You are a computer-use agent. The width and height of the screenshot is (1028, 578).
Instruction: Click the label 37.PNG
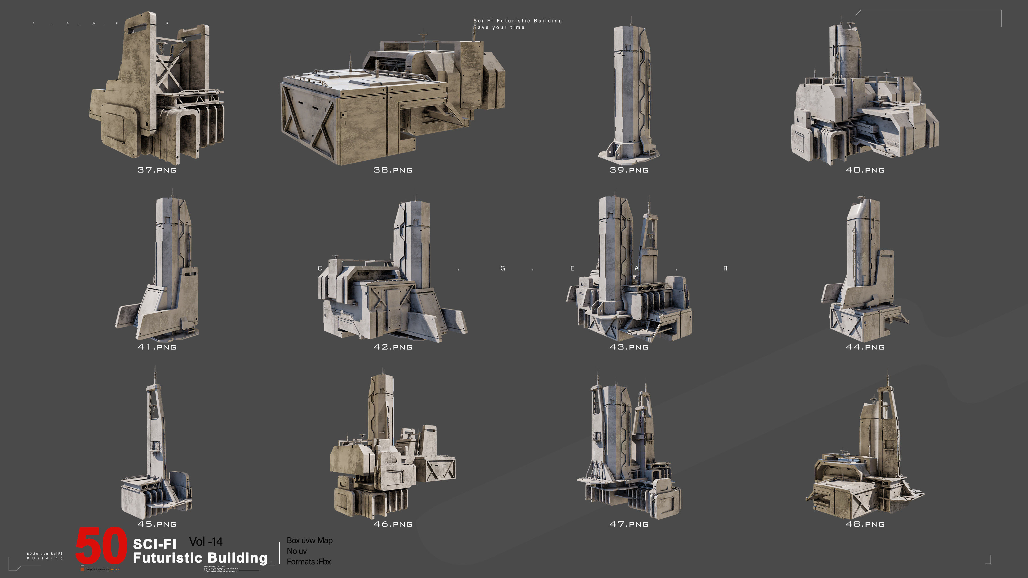[x=157, y=170]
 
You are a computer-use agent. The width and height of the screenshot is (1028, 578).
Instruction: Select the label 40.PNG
[x=865, y=170]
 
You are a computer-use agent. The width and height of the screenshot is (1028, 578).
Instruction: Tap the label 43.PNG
[x=629, y=347]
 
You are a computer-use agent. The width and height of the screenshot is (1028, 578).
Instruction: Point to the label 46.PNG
[x=393, y=524]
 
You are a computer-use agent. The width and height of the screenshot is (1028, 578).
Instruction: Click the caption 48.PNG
[x=865, y=524]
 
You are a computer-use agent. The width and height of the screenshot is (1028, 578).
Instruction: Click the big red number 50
[x=101, y=546]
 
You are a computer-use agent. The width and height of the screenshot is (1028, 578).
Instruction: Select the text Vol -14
[x=206, y=542]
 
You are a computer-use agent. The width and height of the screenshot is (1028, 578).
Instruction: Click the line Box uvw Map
[x=309, y=541]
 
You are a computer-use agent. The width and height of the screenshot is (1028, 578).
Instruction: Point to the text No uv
[x=297, y=551]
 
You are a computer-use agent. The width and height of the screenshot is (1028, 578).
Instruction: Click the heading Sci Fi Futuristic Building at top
[x=517, y=21]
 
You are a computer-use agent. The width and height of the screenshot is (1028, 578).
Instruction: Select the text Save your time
[x=499, y=28]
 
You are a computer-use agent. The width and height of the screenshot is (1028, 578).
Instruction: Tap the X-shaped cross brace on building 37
[x=166, y=71]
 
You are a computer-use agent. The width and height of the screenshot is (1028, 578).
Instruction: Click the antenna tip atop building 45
[x=155, y=369]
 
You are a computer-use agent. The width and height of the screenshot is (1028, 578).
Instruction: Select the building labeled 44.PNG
[x=864, y=275]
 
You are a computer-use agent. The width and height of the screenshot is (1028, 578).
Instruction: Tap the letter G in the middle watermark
[x=502, y=268]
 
